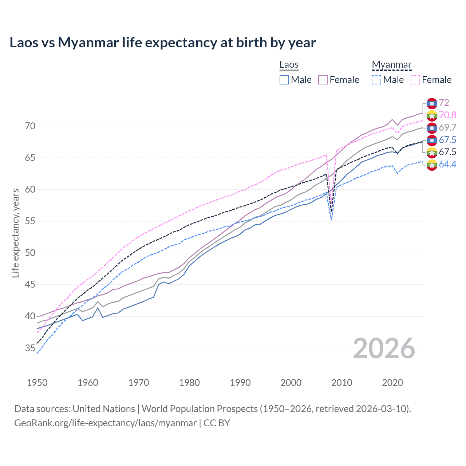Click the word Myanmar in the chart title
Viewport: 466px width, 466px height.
[88, 43]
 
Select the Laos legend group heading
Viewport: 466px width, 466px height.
[289, 65]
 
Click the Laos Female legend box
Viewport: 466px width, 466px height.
[323, 80]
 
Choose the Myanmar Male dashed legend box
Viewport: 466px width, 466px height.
[376, 80]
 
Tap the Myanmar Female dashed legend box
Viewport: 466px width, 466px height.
[415, 80]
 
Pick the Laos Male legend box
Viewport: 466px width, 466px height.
[284, 80]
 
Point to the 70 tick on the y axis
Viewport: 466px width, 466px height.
[30, 126]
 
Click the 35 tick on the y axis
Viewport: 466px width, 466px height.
[30, 348]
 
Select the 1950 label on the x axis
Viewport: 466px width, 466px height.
[37, 383]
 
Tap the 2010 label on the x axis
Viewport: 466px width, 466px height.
[341, 383]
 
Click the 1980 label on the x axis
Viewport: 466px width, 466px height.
[189, 383]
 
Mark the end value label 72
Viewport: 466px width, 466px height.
[444, 103]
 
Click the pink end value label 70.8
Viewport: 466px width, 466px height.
[447, 115]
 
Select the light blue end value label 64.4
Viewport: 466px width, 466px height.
[447, 165]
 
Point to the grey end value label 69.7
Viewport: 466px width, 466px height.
[447, 128]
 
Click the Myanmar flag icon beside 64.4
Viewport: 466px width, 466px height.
[432, 165]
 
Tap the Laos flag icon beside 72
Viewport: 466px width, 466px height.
[432, 103]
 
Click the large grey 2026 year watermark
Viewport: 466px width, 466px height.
[384, 348]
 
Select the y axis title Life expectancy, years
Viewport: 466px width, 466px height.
[16, 233]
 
